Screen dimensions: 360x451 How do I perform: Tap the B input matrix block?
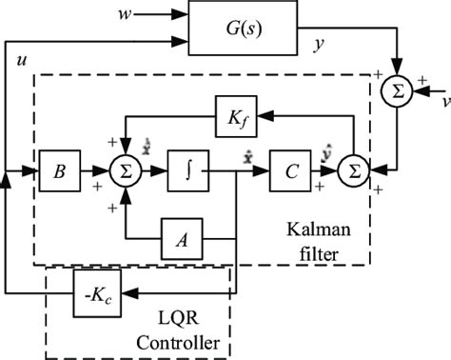[60, 173]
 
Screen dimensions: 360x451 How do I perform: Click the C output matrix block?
[290, 173]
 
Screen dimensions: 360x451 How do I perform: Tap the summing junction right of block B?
[125, 173]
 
